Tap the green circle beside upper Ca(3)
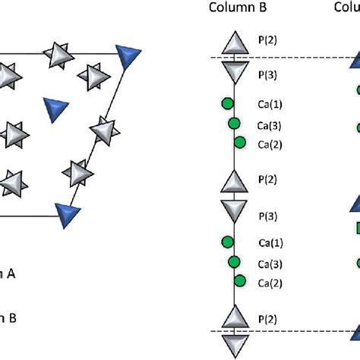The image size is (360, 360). point(234,123)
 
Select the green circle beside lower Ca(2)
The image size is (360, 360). point(240,282)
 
